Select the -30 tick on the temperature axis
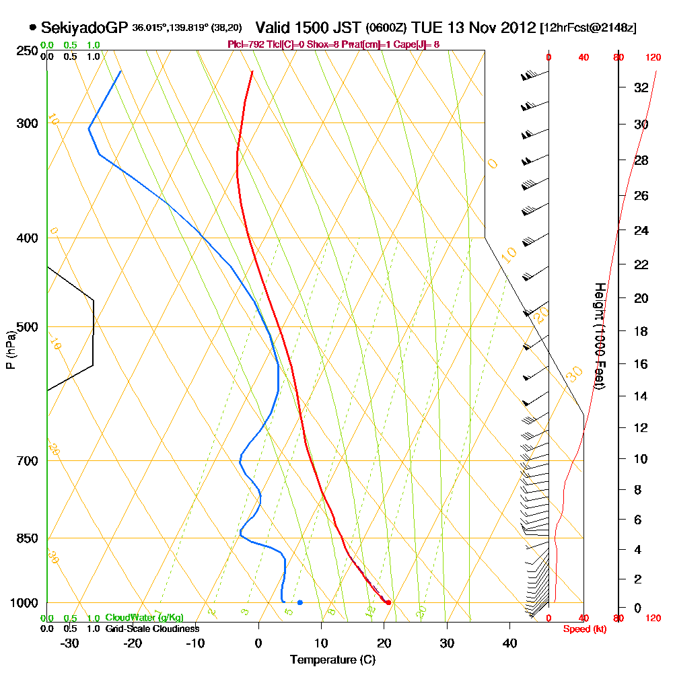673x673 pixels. pos(70,643)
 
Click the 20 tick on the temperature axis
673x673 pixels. pos(384,643)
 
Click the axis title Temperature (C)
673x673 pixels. pos(332,660)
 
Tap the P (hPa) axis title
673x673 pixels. pos(9,349)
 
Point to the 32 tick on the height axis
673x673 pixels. pos(641,87)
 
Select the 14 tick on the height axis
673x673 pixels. pos(641,396)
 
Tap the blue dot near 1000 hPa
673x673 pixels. pos(299,602)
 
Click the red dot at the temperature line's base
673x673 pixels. pos(388,602)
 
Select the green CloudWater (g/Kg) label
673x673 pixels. pos(144,618)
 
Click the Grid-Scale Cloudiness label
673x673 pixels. pos(151,629)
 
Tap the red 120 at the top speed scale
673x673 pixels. pos(652,58)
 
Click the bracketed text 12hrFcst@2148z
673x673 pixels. pos(588,28)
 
